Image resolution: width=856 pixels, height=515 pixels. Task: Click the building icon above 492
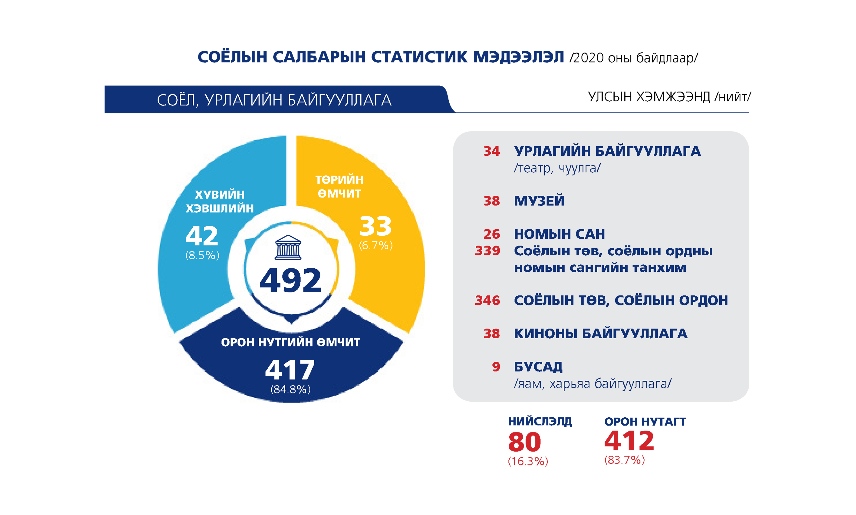288,248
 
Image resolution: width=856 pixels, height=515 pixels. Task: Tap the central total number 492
290,281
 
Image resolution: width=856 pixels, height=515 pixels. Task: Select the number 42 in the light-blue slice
202,236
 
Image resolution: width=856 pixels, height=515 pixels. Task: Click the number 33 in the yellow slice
375,226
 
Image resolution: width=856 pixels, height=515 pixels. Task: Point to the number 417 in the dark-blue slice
290,370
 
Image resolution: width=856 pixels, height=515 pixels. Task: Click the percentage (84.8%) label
290,389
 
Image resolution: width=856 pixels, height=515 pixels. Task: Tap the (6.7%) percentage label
376,245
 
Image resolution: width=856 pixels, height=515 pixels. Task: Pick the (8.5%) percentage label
202,255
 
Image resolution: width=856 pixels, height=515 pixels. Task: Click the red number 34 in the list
491,151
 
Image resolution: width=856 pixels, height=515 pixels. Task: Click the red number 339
487,251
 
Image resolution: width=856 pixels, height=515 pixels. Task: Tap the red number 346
487,300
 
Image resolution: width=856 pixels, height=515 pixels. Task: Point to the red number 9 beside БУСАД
496,367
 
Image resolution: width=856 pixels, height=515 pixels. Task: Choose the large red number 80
524,442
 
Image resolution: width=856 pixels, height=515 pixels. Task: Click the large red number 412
629,441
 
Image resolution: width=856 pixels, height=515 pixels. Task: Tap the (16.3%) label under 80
528,462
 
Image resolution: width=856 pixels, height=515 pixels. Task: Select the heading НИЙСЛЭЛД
540,421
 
